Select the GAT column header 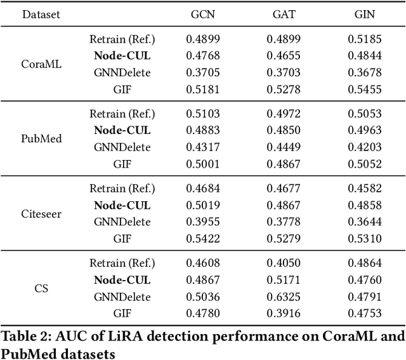(284, 14)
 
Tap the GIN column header (364, 14)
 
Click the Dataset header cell (41, 14)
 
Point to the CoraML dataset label (41, 64)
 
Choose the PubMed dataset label (41, 139)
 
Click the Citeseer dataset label (41, 214)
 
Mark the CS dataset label (41, 288)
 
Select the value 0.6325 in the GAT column (284, 297)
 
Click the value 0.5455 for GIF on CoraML (364, 89)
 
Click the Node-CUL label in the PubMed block (122, 130)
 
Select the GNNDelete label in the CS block (122, 297)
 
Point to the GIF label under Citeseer (122, 239)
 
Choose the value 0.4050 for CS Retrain (284, 263)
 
